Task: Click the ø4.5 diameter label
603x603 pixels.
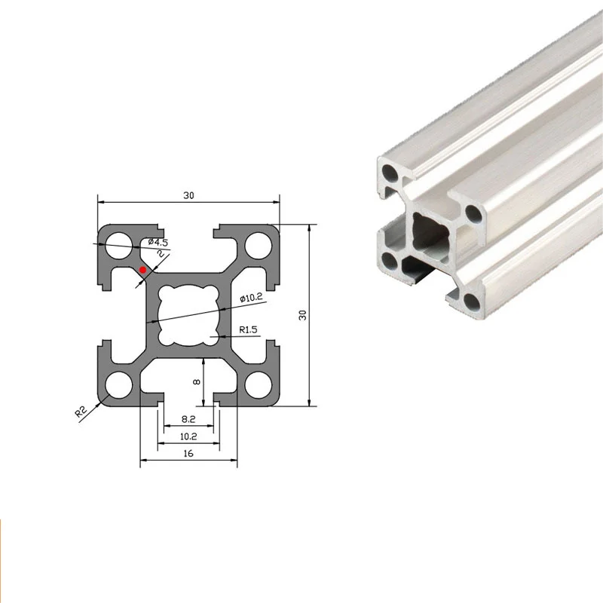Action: tap(158, 241)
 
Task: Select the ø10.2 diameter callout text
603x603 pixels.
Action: tap(251, 298)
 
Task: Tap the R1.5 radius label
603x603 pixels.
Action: tap(249, 329)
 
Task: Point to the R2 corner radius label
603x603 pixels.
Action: tap(82, 412)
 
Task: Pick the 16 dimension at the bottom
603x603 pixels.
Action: tap(188, 453)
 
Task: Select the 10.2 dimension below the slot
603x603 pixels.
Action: tap(188, 436)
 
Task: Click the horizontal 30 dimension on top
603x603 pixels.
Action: tap(188, 195)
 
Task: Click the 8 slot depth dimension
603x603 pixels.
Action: tap(196, 382)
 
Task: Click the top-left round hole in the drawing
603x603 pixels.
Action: tap(118, 245)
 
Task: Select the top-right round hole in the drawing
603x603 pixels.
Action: tap(259, 245)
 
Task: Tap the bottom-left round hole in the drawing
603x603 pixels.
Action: tap(118, 385)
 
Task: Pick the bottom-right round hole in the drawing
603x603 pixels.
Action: tap(259, 385)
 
